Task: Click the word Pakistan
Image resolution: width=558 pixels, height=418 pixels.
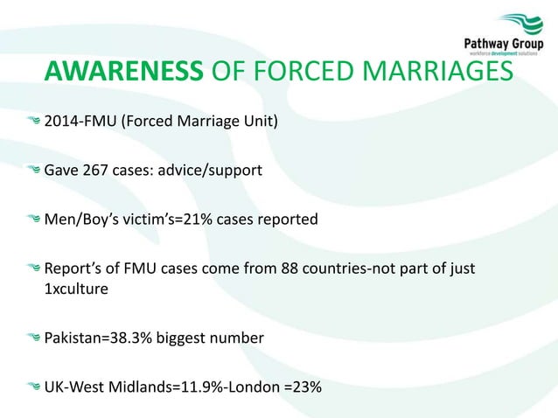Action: click(73, 336)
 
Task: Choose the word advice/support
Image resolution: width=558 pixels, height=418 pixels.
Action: click(210, 170)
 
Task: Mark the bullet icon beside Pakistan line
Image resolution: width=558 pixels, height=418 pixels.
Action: click(33, 336)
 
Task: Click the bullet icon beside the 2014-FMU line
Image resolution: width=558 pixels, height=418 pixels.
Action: click(33, 121)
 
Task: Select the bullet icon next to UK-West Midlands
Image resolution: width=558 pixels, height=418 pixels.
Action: click(33, 385)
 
